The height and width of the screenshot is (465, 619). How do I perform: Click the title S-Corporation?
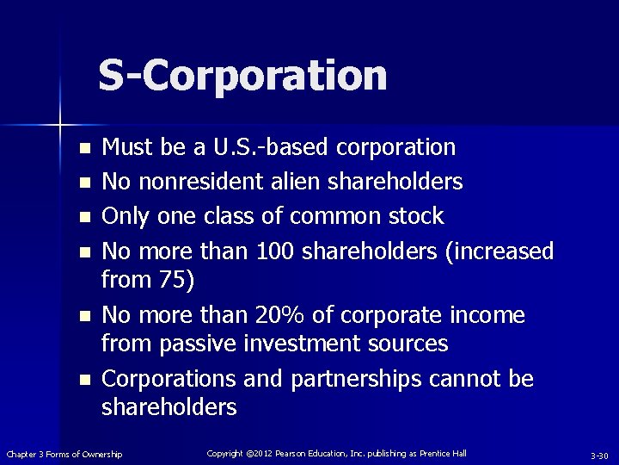(x=242, y=75)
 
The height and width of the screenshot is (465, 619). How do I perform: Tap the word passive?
(x=191, y=344)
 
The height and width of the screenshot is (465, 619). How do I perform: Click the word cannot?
(x=463, y=379)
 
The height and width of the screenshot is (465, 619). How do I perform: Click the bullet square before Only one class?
(x=84, y=217)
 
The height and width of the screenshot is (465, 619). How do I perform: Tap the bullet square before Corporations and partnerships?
(x=84, y=380)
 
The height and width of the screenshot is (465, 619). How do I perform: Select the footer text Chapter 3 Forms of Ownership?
(x=64, y=454)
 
